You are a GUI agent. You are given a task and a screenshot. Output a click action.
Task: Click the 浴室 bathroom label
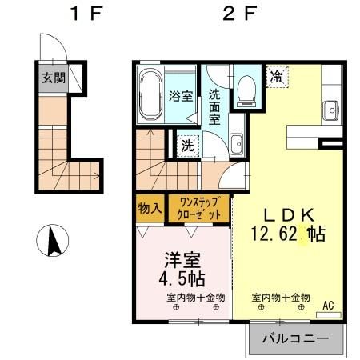[182, 97]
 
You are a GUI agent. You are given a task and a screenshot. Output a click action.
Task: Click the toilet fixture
[246, 90]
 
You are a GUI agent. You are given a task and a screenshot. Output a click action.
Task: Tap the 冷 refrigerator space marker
[276, 78]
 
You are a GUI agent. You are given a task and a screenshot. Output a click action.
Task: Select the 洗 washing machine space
[186, 146]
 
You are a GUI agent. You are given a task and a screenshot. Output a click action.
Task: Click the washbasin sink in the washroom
[237, 145]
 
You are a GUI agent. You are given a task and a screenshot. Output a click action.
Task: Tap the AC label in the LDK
[329, 305]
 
